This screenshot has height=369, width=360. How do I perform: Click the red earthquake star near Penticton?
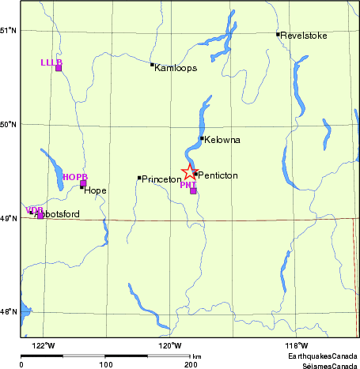189,171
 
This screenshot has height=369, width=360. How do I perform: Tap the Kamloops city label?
176,68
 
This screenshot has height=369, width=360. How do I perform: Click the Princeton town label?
161,180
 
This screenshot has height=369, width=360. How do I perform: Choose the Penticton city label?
218,175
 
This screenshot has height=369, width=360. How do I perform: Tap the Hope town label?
95,190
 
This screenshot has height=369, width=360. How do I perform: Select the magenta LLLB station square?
59,67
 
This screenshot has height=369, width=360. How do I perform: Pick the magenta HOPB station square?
83,183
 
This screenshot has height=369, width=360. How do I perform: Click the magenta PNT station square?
193,190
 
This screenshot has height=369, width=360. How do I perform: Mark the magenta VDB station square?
40,215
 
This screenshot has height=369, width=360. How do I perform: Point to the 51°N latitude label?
9,30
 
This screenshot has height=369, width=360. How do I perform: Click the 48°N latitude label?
9,311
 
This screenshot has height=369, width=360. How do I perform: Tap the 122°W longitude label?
44,346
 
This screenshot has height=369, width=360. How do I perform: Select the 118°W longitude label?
297,346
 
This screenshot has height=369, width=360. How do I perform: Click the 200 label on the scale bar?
190,365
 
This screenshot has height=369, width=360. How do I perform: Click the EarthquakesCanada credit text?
328,358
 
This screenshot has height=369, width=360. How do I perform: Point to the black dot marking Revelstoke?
278,34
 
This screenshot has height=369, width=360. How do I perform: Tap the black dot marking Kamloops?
152,65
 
